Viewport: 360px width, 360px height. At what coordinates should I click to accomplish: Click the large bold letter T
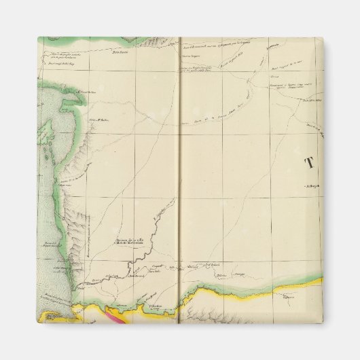click(x=310, y=162)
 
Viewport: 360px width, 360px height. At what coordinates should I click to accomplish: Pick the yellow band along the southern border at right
click(x=299, y=288)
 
